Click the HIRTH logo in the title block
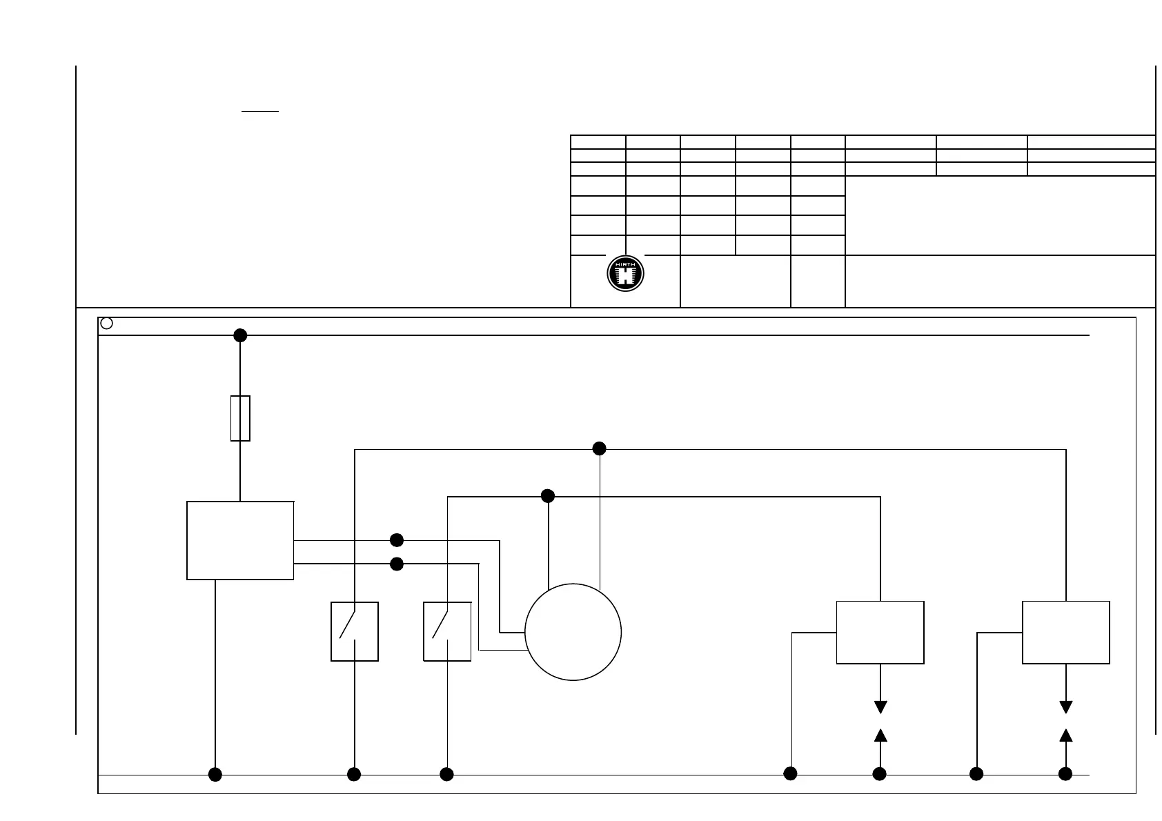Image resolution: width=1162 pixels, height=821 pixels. pos(625,274)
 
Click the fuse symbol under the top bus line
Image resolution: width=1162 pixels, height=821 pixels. pos(240,418)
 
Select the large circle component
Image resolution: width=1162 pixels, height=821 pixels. pos(573,632)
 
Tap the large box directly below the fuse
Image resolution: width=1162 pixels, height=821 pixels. pos(240,540)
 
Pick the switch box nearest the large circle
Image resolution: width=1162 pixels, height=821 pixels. pos(447,631)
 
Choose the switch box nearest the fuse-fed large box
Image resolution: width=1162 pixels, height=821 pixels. pos(355,631)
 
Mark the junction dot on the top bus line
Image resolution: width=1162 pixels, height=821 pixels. pos(240,335)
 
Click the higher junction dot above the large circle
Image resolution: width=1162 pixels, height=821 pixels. pos(600,448)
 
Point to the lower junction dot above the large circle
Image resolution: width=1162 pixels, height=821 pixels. pos(548,496)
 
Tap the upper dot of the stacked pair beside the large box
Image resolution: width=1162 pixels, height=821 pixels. pos(397,540)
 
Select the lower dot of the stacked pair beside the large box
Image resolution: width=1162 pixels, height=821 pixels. pos(397,564)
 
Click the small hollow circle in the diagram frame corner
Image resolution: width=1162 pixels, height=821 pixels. pos(106,323)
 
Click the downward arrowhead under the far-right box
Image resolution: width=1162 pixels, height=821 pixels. pos(1066,707)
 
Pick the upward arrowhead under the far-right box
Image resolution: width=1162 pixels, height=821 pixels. pos(1066,735)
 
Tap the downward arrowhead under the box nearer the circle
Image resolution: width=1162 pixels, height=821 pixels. pos(880,707)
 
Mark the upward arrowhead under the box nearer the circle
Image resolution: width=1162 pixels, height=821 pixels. pos(880,735)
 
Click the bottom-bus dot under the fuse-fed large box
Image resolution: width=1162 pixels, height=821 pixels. pos(215,774)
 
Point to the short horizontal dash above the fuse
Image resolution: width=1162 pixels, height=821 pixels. pos(260,110)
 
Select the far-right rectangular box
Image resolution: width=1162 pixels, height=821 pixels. pos(1066,632)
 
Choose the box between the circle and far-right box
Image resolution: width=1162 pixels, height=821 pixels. pos(880,632)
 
